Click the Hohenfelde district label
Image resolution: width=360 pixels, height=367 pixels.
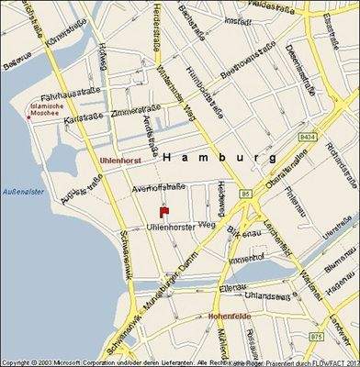tap(230, 316)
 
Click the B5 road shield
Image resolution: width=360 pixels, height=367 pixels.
tap(245, 195)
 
